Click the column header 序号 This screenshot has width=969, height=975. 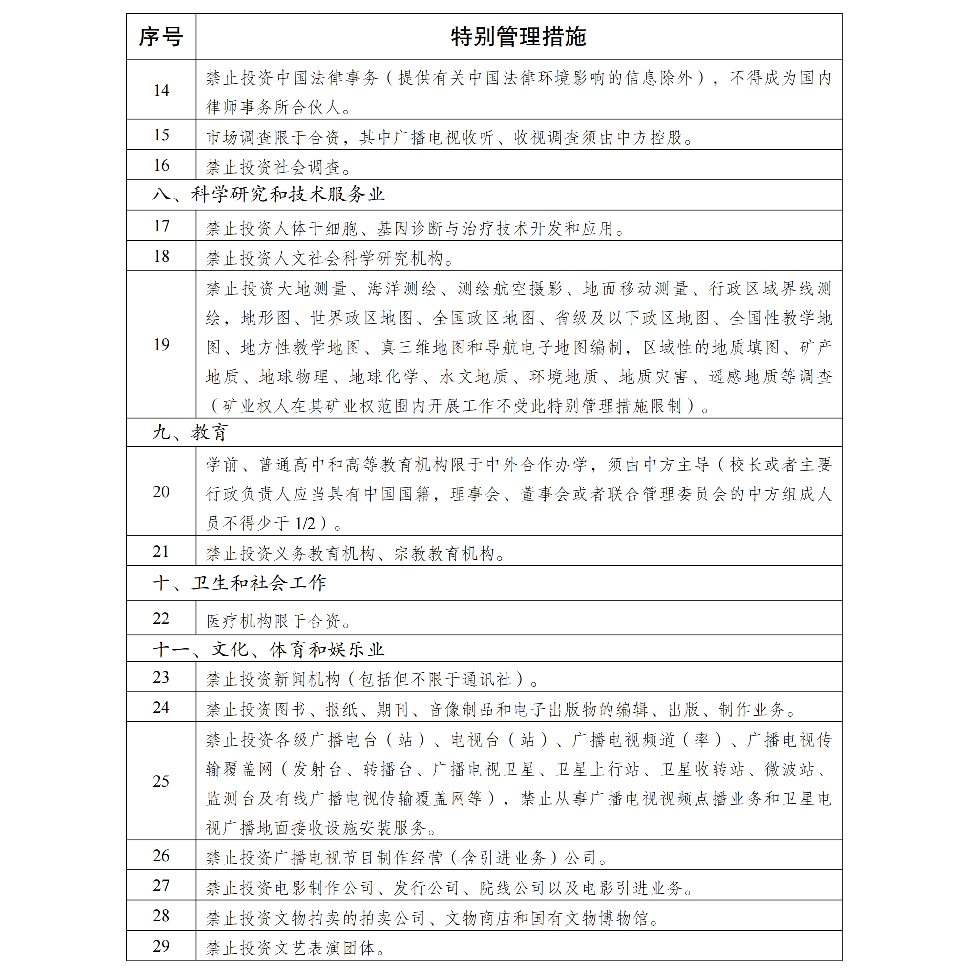pos(161,37)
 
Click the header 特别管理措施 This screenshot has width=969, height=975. pos(518,37)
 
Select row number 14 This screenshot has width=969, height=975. pos(161,90)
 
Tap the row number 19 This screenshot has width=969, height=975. pos(161,345)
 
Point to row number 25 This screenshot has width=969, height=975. pos(161,781)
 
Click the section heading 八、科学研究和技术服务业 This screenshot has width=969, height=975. pos(268,195)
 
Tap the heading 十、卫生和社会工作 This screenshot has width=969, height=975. pos(239,583)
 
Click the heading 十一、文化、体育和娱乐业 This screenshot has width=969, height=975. pos(268,649)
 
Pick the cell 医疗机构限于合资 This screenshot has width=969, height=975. pos(278,620)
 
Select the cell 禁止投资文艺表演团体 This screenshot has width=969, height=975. pos(295,949)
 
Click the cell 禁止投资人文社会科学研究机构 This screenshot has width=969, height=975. pos(330,258)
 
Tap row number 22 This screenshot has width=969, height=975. pos(161,618)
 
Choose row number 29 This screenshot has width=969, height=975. pos(161,946)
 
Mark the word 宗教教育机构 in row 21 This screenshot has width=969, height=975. pos(444,554)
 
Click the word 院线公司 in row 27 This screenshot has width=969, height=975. pos(512,888)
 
